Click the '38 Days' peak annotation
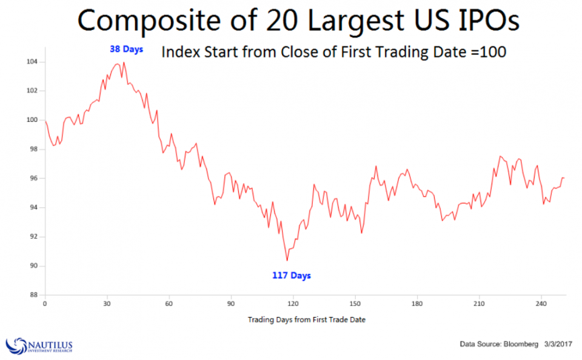(126, 49)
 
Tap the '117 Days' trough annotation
(292, 276)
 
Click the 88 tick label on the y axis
(34, 295)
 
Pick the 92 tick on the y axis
(34, 237)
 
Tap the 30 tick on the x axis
(107, 303)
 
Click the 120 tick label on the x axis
(293, 303)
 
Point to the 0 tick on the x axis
(45, 303)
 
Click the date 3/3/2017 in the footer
(558, 344)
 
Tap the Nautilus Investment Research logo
(39, 345)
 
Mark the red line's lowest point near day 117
(287, 261)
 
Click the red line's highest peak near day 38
(124, 62)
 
